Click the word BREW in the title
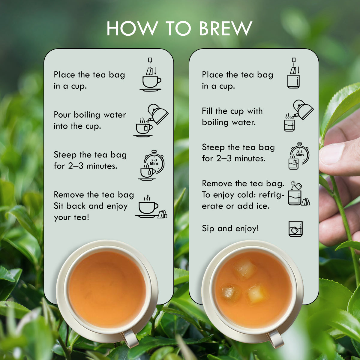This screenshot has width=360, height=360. [225, 29]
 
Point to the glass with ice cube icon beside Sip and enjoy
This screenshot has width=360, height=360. [295, 229]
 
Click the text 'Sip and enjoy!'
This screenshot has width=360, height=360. [230, 229]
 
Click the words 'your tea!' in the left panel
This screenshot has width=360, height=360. [71, 217]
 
